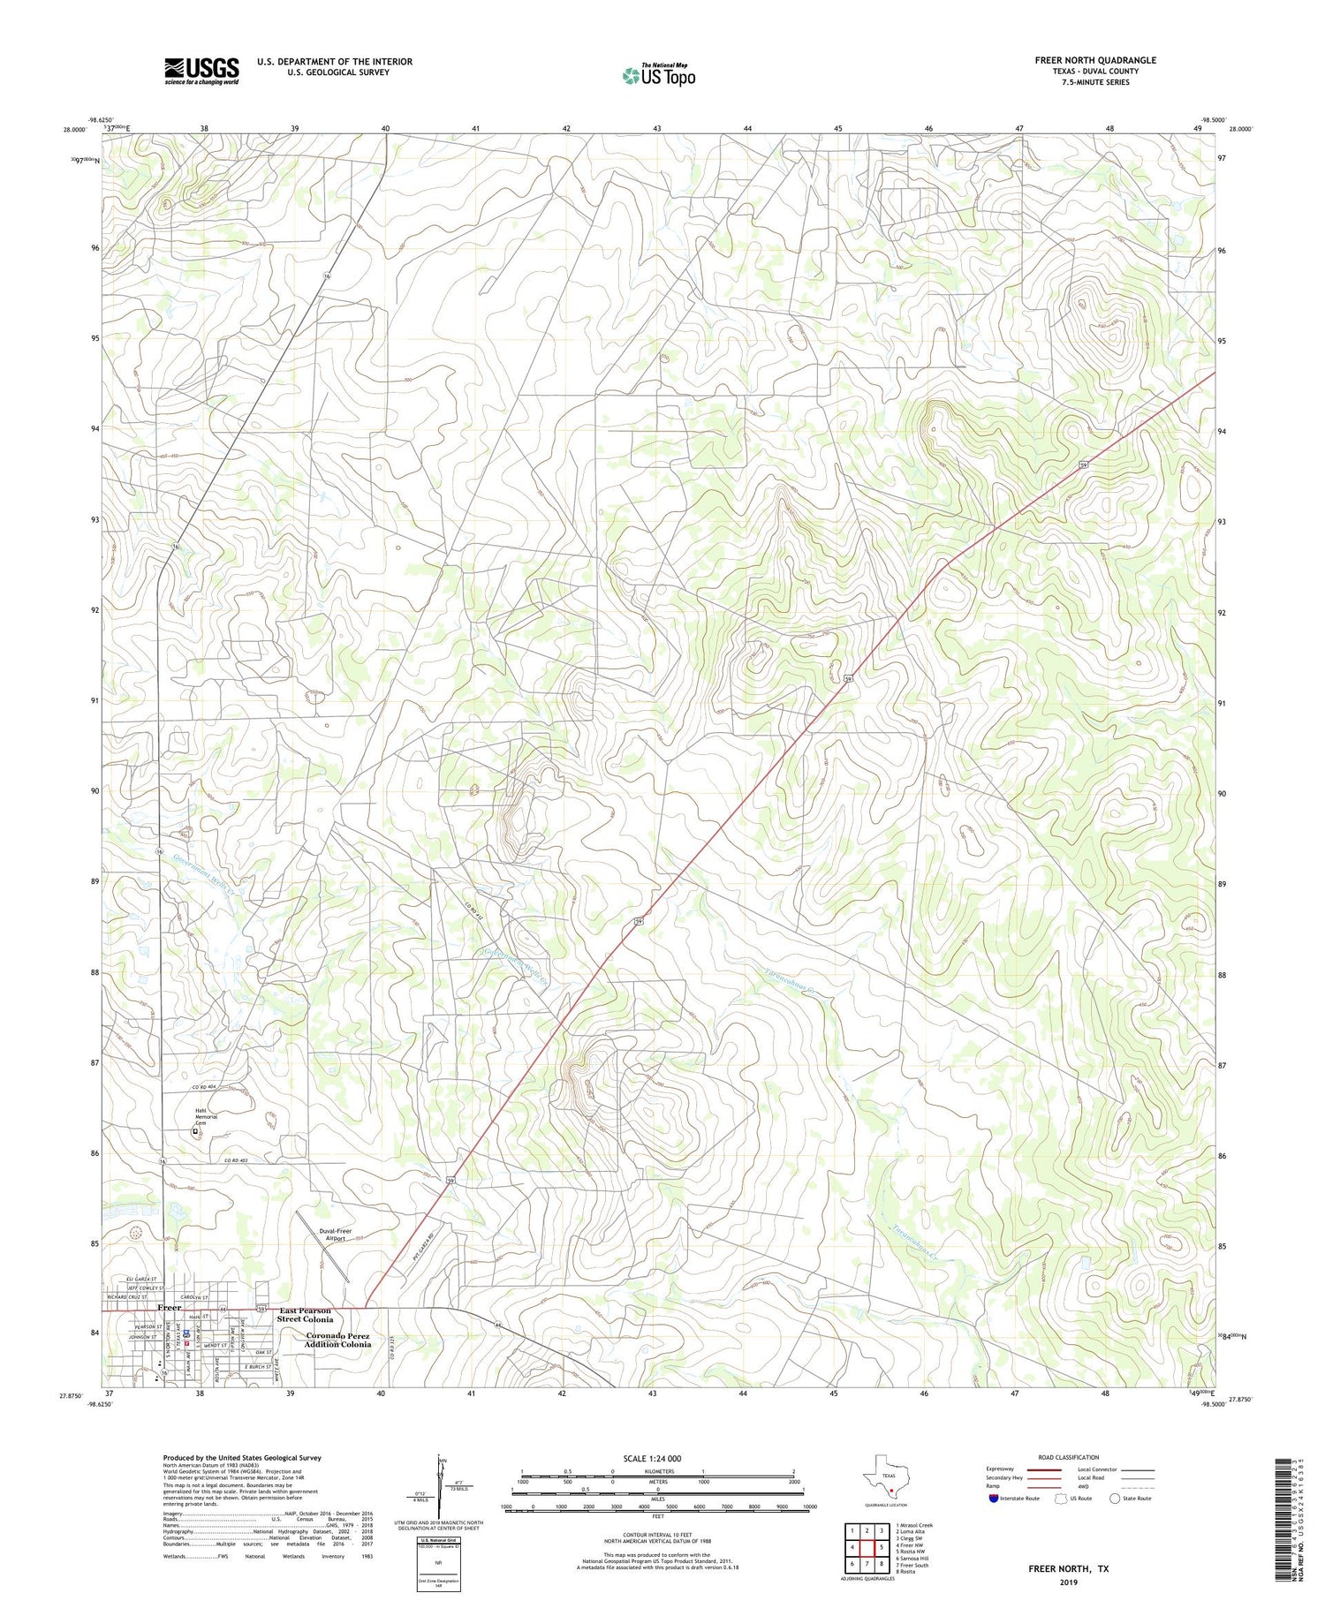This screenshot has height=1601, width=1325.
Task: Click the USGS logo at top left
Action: (x=201, y=71)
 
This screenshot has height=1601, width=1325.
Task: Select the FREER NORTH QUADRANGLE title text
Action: (x=1094, y=60)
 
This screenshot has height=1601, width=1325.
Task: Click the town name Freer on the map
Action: (x=169, y=1307)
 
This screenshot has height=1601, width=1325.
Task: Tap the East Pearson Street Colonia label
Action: (x=305, y=1315)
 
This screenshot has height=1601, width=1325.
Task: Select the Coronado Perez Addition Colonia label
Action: (x=338, y=1340)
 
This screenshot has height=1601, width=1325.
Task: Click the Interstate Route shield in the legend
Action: (x=994, y=1499)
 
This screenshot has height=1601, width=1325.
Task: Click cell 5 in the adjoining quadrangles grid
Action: (x=881, y=1547)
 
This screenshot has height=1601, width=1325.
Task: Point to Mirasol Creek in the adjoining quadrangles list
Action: (x=914, y=1525)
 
